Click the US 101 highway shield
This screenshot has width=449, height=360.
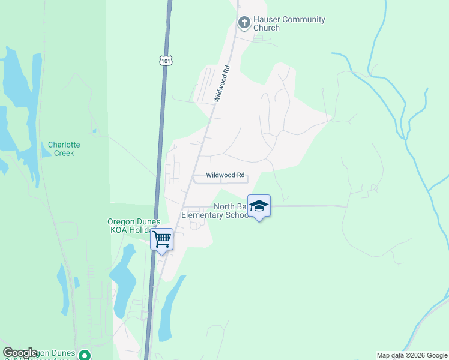(x=166, y=60)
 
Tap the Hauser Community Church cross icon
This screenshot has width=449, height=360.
(x=244, y=23)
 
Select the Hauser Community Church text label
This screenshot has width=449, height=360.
(x=289, y=23)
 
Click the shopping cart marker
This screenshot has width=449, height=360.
(x=161, y=239)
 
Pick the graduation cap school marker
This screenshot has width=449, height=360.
(x=259, y=206)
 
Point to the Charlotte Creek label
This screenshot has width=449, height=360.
(x=64, y=149)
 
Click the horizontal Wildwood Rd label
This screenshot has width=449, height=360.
(x=226, y=175)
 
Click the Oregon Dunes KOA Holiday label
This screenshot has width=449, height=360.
(x=134, y=226)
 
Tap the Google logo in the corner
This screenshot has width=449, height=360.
(x=20, y=353)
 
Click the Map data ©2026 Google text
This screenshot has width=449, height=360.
(x=411, y=355)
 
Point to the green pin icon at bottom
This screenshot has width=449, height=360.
(x=85, y=355)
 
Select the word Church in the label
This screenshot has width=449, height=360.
(x=267, y=28)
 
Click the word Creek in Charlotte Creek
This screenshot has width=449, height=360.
(x=64, y=153)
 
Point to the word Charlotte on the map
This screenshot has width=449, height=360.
(x=64, y=145)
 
